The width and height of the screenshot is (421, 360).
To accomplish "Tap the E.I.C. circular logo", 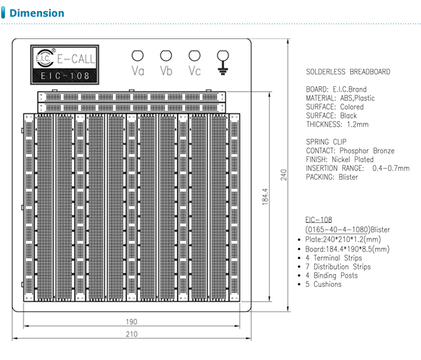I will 44,58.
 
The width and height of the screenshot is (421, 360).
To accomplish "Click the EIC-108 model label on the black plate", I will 65,76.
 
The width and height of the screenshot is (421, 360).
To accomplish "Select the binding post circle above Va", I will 137,56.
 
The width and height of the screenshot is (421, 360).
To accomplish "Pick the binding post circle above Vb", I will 166,56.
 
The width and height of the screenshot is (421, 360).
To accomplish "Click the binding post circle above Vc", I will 194,56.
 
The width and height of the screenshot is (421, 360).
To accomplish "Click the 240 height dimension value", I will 284,175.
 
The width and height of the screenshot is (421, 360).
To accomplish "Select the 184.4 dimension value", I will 264,198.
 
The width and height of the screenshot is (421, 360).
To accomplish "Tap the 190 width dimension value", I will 131,322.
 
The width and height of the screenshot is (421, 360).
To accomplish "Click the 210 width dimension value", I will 131,335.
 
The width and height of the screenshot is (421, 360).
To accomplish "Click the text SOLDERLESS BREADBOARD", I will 348,72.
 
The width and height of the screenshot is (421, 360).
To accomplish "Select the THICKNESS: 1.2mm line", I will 337,125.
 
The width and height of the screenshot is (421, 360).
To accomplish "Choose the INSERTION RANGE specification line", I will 357,168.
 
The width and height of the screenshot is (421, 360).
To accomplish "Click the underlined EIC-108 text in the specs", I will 319,220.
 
